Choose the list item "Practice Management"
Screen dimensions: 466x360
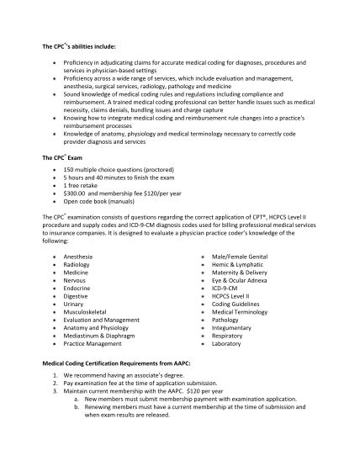(93, 344)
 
